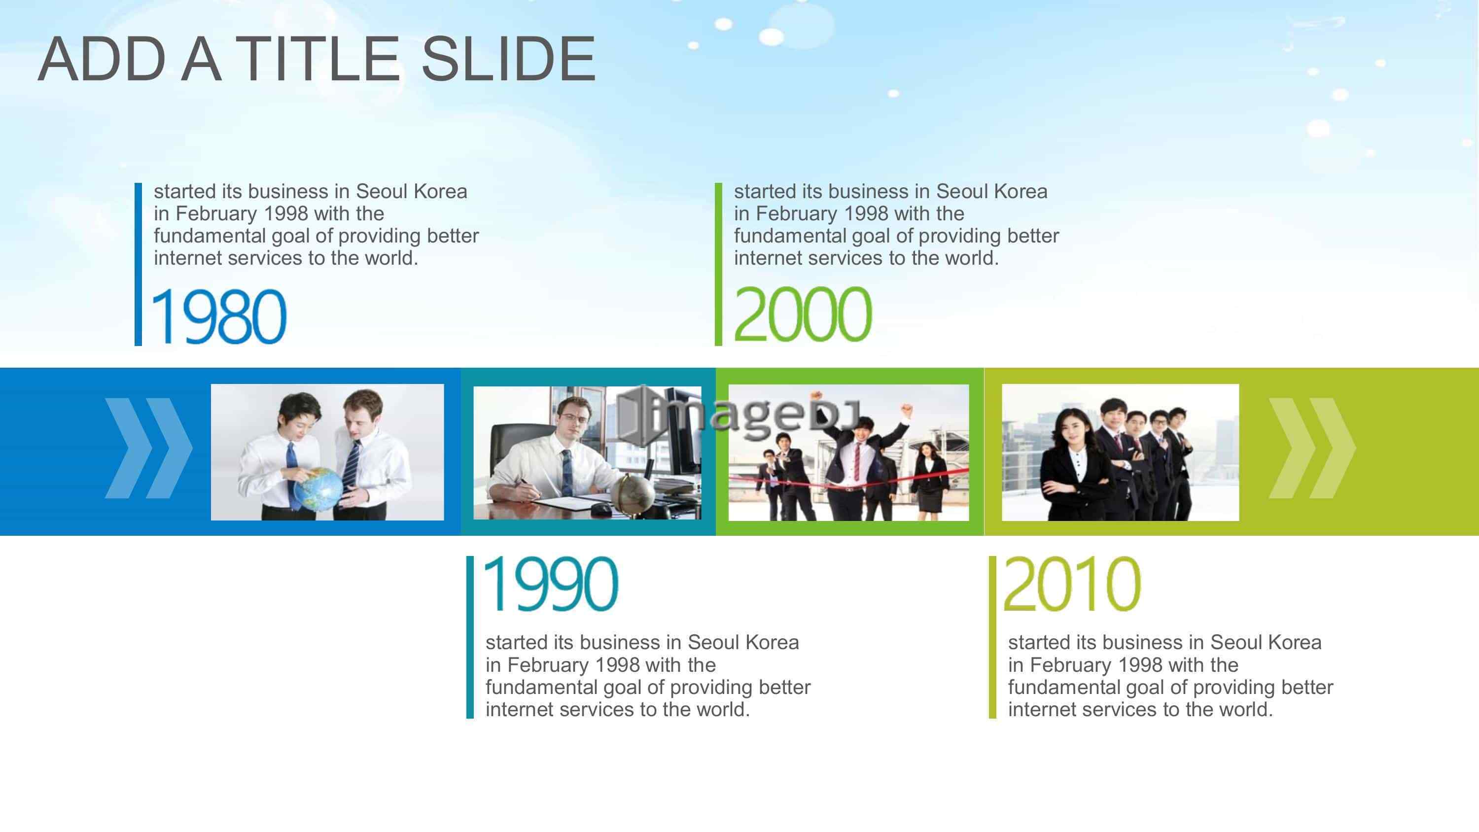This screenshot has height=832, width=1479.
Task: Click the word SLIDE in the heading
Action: (x=509, y=59)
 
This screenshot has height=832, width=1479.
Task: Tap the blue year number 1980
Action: (x=218, y=316)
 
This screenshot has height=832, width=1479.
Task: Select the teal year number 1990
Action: (x=551, y=584)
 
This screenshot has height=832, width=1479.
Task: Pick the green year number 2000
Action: (x=803, y=314)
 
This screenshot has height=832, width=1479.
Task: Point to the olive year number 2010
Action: (x=1071, y=584)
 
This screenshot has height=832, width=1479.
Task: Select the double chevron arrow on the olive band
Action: (x=1312, y=448)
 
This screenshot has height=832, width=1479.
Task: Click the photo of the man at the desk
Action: (x=587, y=452)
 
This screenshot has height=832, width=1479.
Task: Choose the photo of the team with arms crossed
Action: (x=1120, y=452)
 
